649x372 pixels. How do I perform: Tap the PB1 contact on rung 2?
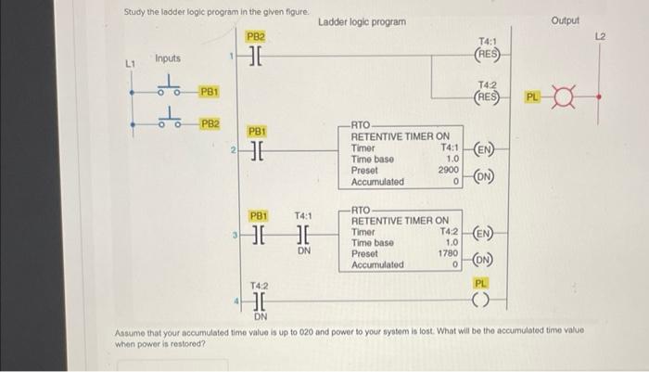coord(257,151)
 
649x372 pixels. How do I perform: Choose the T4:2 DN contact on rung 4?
coord(258,301)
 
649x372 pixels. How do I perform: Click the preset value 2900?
coord(449,171)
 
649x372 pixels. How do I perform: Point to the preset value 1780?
coord(449,253)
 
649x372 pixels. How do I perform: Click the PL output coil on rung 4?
coord(480,300)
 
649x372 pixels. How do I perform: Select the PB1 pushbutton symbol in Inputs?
coord(168,91)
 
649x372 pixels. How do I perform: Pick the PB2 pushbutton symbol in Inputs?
coord(168,120)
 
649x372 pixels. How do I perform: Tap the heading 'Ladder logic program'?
coord(362,20)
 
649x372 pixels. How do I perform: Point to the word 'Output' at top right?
coord(565,19)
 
